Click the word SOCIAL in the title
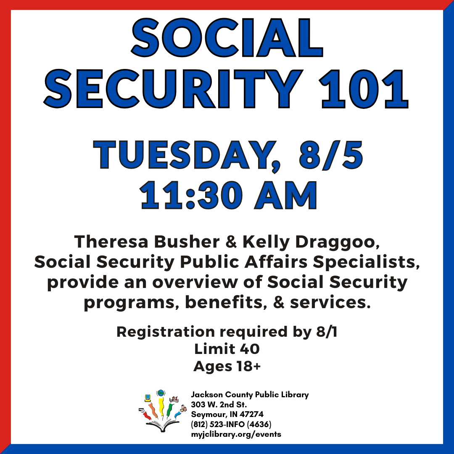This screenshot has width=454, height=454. (227, 38)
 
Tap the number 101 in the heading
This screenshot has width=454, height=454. (364, 89)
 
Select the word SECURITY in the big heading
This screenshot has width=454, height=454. (173, 89)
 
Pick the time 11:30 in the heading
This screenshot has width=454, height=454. (191, 196)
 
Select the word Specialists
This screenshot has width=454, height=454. (366, 262)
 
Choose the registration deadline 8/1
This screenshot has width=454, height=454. (327, 332)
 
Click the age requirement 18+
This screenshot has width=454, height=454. (248, 366)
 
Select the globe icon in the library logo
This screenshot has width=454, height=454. (161, 393)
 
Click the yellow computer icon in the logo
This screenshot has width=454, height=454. (148, 398)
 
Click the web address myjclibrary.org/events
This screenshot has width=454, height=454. (236, 434)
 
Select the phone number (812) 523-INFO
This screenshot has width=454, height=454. (218, 425)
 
